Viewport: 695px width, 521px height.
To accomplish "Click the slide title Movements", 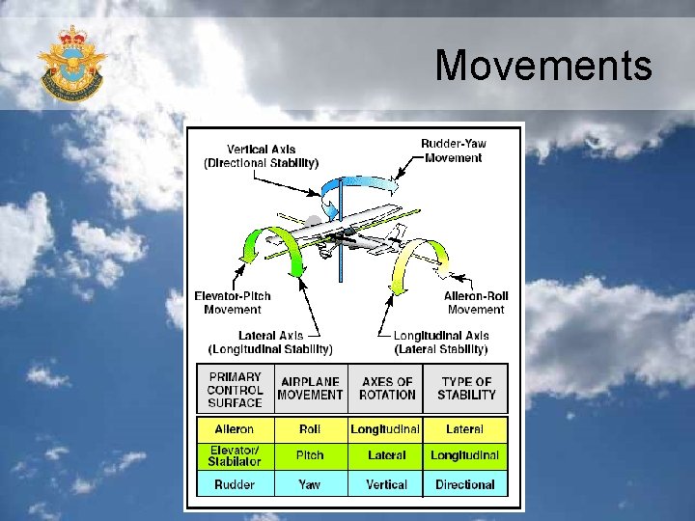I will pos(543,67).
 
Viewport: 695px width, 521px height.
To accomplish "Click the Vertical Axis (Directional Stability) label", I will pos(261,156).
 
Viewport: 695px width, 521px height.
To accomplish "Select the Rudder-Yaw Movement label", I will pos(453,151).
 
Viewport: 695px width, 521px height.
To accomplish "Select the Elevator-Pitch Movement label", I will pos(232,303).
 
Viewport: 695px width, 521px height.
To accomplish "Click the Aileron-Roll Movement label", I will pos(475,303).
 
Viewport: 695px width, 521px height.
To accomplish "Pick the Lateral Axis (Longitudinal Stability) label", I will pos(270,342).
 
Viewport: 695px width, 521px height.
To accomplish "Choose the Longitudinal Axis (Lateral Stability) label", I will pos(440,342).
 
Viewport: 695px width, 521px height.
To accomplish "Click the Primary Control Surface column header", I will pos(235,390).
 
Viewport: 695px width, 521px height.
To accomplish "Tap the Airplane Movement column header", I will pos(310,388).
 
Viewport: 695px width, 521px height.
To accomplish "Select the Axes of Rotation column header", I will pos(386,388).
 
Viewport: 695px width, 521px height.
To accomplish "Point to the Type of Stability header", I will pos(466,388).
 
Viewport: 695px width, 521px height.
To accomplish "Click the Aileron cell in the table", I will pos(235,428).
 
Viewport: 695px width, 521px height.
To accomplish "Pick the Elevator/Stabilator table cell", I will pos(235,455).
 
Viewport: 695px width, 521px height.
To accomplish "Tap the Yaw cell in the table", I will pos(310,484).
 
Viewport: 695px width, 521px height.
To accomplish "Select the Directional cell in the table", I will pos(465,484).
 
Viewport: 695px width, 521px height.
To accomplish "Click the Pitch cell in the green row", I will pos(310,455).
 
